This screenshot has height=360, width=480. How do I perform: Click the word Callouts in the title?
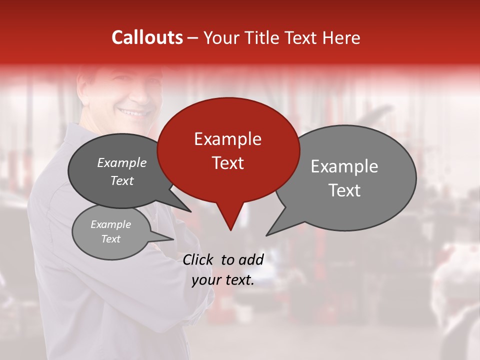click(147, 37)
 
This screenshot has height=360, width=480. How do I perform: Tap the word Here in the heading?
click(342, 37)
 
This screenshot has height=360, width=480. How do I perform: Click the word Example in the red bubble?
click(227, 139)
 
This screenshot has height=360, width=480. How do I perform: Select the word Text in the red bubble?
click(227, 163)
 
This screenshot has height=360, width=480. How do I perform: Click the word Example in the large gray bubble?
click(344, 166)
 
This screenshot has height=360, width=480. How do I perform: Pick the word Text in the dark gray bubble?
click(122, 181)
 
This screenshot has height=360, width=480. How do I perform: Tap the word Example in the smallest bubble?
click(110, 224)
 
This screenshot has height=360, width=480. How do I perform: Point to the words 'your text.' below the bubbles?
click(223, 280)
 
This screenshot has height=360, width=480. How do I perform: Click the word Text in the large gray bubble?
click(344, 190)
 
